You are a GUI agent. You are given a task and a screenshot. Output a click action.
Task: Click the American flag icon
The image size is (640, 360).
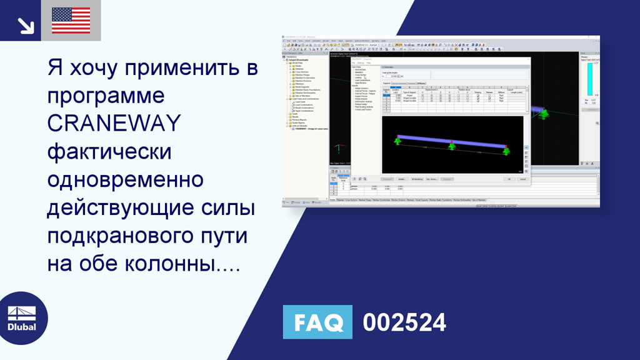click(x=71, y=21)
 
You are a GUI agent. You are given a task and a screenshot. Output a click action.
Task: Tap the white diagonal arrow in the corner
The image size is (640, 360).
click(x=25, y=25)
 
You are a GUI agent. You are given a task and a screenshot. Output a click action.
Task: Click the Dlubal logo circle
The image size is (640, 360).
click(x=22, y=319)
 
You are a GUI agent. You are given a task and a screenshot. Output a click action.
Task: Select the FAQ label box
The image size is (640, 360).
click(x=317, y=322)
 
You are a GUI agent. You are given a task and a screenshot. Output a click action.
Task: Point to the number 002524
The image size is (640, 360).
click(x=404, y=322)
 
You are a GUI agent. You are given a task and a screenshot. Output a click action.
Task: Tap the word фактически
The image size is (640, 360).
click(x=109, y=152)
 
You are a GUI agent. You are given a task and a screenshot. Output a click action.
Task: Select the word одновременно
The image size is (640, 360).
click(x=125, y=180)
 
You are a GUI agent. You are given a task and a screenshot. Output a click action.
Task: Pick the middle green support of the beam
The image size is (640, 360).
click(x=452, y=146)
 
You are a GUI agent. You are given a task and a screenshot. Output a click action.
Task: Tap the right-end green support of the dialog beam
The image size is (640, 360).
click(x=506, y=151)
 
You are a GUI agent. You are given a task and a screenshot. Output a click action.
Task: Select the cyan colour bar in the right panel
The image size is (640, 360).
click(x=589, y=79)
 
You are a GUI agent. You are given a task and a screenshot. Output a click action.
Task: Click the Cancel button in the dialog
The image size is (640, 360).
click(x=522, y=179)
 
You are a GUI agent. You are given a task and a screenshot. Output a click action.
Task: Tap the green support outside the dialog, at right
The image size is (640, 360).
click(x=544, y=114)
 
